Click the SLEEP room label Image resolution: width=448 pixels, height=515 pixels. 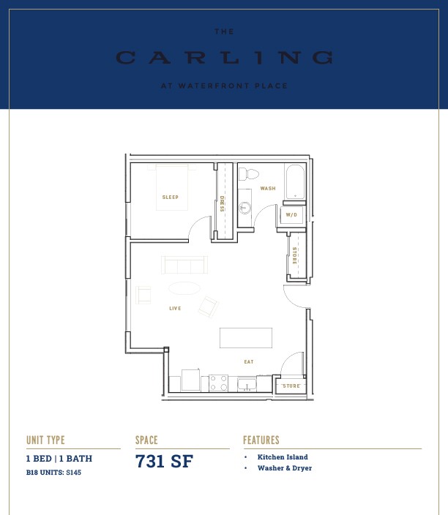171,197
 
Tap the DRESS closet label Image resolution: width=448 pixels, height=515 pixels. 223,203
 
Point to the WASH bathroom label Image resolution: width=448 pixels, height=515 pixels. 268,189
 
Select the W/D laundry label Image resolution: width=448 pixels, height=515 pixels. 291,215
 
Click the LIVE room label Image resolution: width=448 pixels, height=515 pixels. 175,309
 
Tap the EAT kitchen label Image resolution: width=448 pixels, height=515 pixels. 249,362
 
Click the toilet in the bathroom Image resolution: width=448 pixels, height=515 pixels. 248,174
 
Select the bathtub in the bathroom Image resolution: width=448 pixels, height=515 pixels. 295,182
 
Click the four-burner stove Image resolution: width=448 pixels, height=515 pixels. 219,383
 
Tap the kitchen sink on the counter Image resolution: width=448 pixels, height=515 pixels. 247,385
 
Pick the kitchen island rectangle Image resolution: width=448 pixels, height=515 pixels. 246,338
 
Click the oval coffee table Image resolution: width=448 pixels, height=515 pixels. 184,288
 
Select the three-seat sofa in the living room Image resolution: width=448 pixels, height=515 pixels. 184,265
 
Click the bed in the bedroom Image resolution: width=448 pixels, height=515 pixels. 172,187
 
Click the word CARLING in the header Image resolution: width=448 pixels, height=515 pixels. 224,58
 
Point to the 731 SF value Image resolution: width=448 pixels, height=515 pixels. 164,461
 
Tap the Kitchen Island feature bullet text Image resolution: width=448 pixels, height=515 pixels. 283,457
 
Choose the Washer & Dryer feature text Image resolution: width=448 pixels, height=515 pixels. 285,468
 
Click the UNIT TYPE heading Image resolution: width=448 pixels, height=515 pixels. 45,440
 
